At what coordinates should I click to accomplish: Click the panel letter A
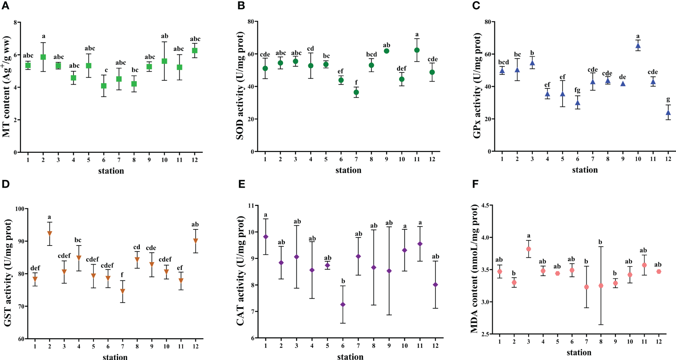point(5,6)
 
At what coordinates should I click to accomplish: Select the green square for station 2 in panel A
point(43,57)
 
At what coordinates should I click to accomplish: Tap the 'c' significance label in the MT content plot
point(106,70)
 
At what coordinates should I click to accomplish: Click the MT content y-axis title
point(7,87)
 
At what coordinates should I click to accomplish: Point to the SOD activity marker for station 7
point(356,92)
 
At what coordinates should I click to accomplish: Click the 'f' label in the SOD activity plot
point(356,82)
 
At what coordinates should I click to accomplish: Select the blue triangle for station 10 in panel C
point(638,46)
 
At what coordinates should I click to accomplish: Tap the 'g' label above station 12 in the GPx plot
point(669,100)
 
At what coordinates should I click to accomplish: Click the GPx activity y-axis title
point(477,86)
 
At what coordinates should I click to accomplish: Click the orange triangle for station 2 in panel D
point(49,233)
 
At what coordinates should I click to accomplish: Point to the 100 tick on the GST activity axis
point(20,209)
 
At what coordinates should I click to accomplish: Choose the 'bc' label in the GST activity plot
point(78,240)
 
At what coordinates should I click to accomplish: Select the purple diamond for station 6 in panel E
point(343,304)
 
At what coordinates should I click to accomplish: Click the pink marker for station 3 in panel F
point(529,249)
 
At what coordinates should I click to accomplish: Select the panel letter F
point(475,184)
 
